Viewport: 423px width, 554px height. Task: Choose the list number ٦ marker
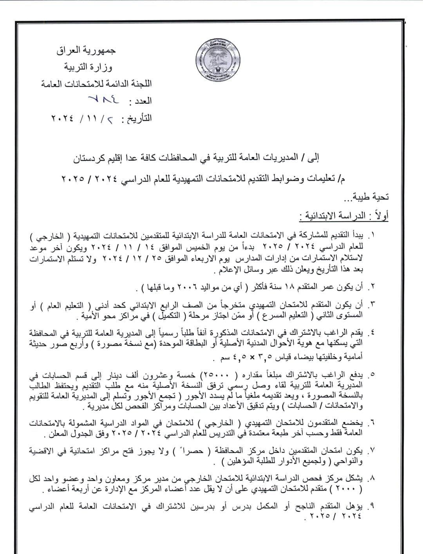372,423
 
